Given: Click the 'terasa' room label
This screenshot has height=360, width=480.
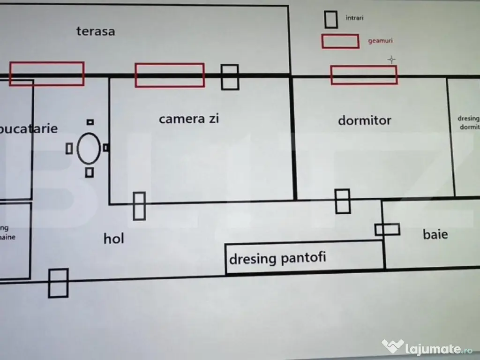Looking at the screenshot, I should [96, 32].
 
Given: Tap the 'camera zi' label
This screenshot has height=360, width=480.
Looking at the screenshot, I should [189, 119].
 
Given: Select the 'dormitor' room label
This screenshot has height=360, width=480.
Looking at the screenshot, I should [364, 120].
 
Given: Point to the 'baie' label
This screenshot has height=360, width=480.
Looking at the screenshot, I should [435, 234].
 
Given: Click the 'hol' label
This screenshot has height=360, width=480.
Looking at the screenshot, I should [114, 239].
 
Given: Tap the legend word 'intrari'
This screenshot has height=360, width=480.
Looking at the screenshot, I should [355, 18].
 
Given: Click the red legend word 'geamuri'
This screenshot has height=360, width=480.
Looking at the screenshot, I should [380, 41].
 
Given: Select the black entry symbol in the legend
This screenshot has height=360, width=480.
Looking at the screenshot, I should [331, 19].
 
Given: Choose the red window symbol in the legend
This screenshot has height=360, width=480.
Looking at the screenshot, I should [340, 41].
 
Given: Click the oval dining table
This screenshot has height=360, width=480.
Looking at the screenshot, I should [89, 148].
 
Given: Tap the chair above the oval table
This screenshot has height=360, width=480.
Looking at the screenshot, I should [90, 122].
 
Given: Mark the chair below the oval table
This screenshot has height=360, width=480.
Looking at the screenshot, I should [90, 172].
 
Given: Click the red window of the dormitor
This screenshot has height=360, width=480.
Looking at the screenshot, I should [364, 75].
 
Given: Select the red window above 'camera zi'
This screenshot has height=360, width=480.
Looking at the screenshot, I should [170, 75].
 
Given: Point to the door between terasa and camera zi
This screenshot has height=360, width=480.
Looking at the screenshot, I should [230, 77].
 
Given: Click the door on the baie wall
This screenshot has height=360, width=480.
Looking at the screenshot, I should [387, 230].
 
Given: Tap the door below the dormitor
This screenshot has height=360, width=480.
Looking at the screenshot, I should [343, 201].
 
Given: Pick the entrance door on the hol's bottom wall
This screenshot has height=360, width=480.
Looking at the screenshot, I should [58, 283].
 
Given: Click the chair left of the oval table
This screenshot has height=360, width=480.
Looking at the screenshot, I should [69, 149].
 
